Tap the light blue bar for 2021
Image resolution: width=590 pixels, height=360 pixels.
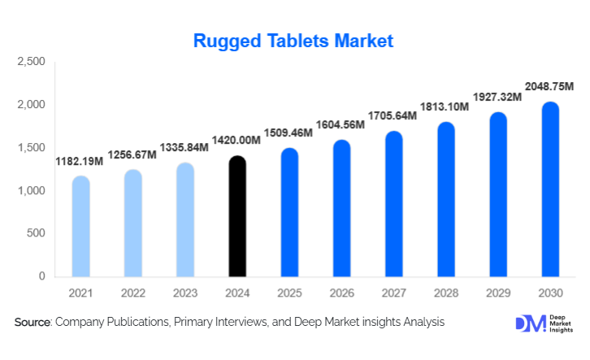coord(80,227)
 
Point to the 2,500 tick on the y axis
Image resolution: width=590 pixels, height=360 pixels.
coord(31,63)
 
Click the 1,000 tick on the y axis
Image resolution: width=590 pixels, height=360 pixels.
coord(31,191)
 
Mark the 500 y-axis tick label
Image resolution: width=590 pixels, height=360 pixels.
coord(35,234)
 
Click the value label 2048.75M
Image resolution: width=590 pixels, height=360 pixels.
coord(549,87)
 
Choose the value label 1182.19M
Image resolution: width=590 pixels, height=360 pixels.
coord(80,162)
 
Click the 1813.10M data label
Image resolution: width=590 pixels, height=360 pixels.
coord(445,107)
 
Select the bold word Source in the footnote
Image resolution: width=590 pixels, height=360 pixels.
coord(33,323)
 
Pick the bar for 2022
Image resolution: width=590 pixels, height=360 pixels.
coord(132,223)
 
